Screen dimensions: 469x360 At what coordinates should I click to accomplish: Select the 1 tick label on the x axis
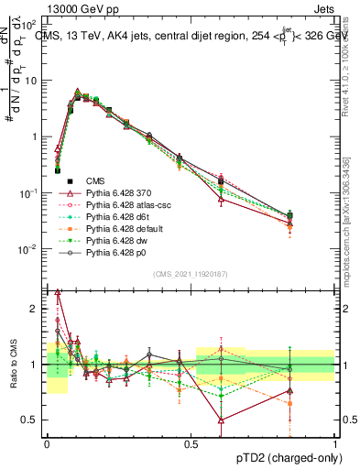[x=334, y=442]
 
